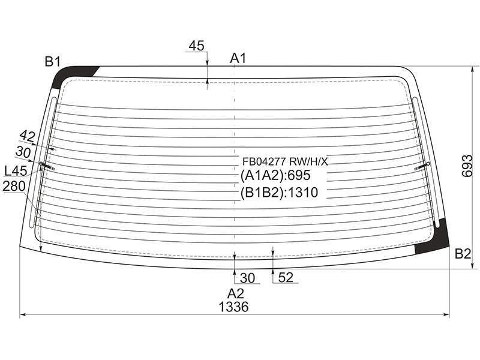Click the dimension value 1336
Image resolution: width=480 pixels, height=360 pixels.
pyautogui.click(x=233, y=307)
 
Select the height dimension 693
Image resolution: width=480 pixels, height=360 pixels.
pyautogui.click(x=467, y=166)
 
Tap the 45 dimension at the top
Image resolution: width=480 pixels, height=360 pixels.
pyautogui.click(x=196, y=46)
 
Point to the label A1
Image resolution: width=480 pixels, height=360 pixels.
pyautogui.click(x=238, y=58)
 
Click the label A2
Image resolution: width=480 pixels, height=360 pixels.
pyautogui.click(x=235, y=293)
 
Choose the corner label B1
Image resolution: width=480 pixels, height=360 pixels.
pyautogui.click(x=53, y=62)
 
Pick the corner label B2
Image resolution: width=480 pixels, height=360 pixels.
pyautogui.click(x=463, y=253)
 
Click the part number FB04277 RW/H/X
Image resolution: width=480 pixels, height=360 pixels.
pyautogui.click(x=285, y=161)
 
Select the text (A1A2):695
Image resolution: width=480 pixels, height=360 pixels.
pyautogui.click(x=275, y=175)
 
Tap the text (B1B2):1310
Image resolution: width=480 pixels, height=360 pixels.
pyautogui.click(x=279, y=192)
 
